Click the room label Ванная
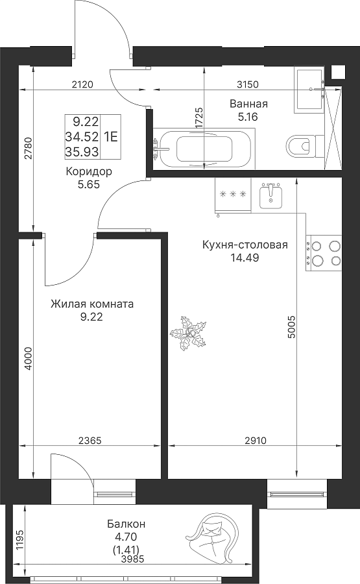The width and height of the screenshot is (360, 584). coord(248,104)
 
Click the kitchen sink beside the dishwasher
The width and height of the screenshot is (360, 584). coord(270,195)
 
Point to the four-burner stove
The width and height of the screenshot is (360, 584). coord(323,253)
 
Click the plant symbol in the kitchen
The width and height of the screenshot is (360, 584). coord(188,333)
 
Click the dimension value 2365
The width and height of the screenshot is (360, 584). coord(90,441)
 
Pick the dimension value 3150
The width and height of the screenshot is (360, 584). coord(248,84)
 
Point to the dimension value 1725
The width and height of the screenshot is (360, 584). coord(199,119)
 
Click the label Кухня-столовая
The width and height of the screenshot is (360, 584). coord(245,245)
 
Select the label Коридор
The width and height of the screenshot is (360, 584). coord(89,172)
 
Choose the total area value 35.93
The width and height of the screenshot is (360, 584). coord(82,152)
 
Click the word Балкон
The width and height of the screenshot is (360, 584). coord(126,524)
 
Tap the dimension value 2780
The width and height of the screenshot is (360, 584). coord(29,149)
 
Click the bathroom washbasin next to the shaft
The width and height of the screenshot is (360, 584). coord(310,90)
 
